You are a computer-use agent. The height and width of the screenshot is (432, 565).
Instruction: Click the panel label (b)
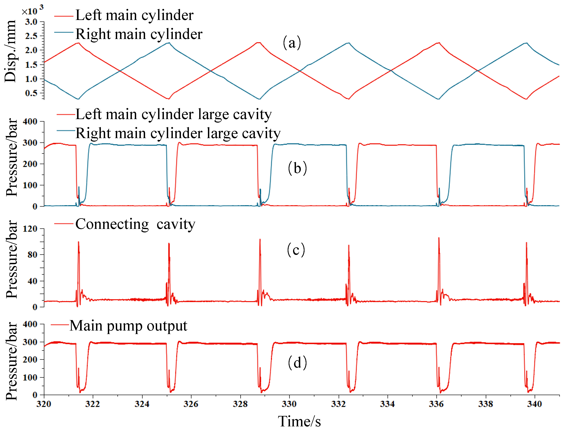(297, 168)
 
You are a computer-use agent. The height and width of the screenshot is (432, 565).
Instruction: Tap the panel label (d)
(297, 363)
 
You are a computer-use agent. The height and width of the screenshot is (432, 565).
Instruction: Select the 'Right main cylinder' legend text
(139, 34)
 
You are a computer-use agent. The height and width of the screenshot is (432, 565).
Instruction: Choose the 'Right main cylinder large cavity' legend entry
(178, 133)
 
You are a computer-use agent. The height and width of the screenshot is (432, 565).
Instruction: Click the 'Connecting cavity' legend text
(135, 224)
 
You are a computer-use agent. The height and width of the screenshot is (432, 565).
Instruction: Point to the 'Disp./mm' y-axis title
(10, 51)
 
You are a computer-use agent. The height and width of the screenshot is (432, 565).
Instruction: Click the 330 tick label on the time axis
(289, 404)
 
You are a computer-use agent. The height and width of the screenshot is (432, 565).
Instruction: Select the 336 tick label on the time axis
(436, 404)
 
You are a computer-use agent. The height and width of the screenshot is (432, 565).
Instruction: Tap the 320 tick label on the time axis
(44, 404)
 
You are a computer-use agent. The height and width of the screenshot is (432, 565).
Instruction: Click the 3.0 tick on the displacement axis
(31, 22)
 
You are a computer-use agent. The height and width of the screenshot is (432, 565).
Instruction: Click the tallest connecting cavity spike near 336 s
(439, 238)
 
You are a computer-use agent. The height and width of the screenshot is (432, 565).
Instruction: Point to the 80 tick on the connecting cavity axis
(32, 255)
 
